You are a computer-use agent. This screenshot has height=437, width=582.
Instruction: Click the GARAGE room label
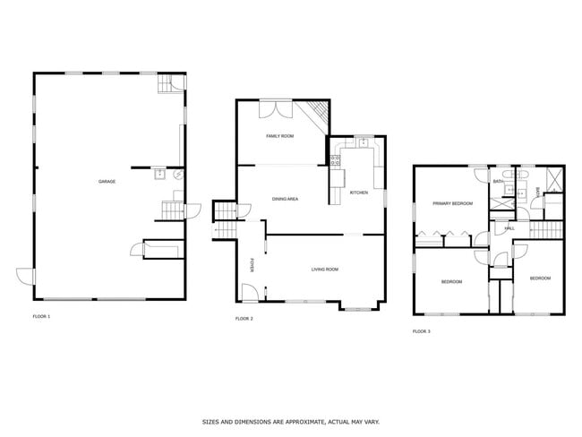click(x=107, y=182)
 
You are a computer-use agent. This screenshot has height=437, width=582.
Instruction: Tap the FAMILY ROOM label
click(x=280, y=136)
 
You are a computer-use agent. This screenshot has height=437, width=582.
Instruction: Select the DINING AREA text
click(x=285, y=199)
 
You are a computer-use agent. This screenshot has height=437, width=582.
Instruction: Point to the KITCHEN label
click(x=359, y=193)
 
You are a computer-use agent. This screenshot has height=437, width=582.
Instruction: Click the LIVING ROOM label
click(x=325, y=270)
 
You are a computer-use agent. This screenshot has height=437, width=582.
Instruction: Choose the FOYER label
click(x=252, y=266)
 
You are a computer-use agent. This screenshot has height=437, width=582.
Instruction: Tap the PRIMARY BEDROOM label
click(x=453, y=203)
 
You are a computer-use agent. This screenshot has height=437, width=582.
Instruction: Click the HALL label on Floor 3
click(x=509, y=228)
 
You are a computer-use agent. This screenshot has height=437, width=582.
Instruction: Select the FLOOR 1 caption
click(x=41, y=317)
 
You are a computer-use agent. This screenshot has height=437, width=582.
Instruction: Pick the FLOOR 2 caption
click(x=244, y=319)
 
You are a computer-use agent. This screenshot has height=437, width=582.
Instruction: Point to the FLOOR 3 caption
click(x=422, y=331)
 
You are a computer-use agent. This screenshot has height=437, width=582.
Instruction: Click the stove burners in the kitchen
click(x=336, y=160)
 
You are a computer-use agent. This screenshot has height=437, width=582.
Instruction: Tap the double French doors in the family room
click(x=276, y=109)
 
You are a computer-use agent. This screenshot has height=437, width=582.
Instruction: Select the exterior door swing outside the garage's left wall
click(x=25, y=277)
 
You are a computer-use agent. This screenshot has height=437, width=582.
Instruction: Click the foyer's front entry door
click(x=250, y=293)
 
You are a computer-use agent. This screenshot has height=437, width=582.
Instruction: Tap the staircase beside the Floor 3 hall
click(x=546, y=230)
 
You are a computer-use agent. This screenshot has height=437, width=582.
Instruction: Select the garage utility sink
click(x=160, y=174)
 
